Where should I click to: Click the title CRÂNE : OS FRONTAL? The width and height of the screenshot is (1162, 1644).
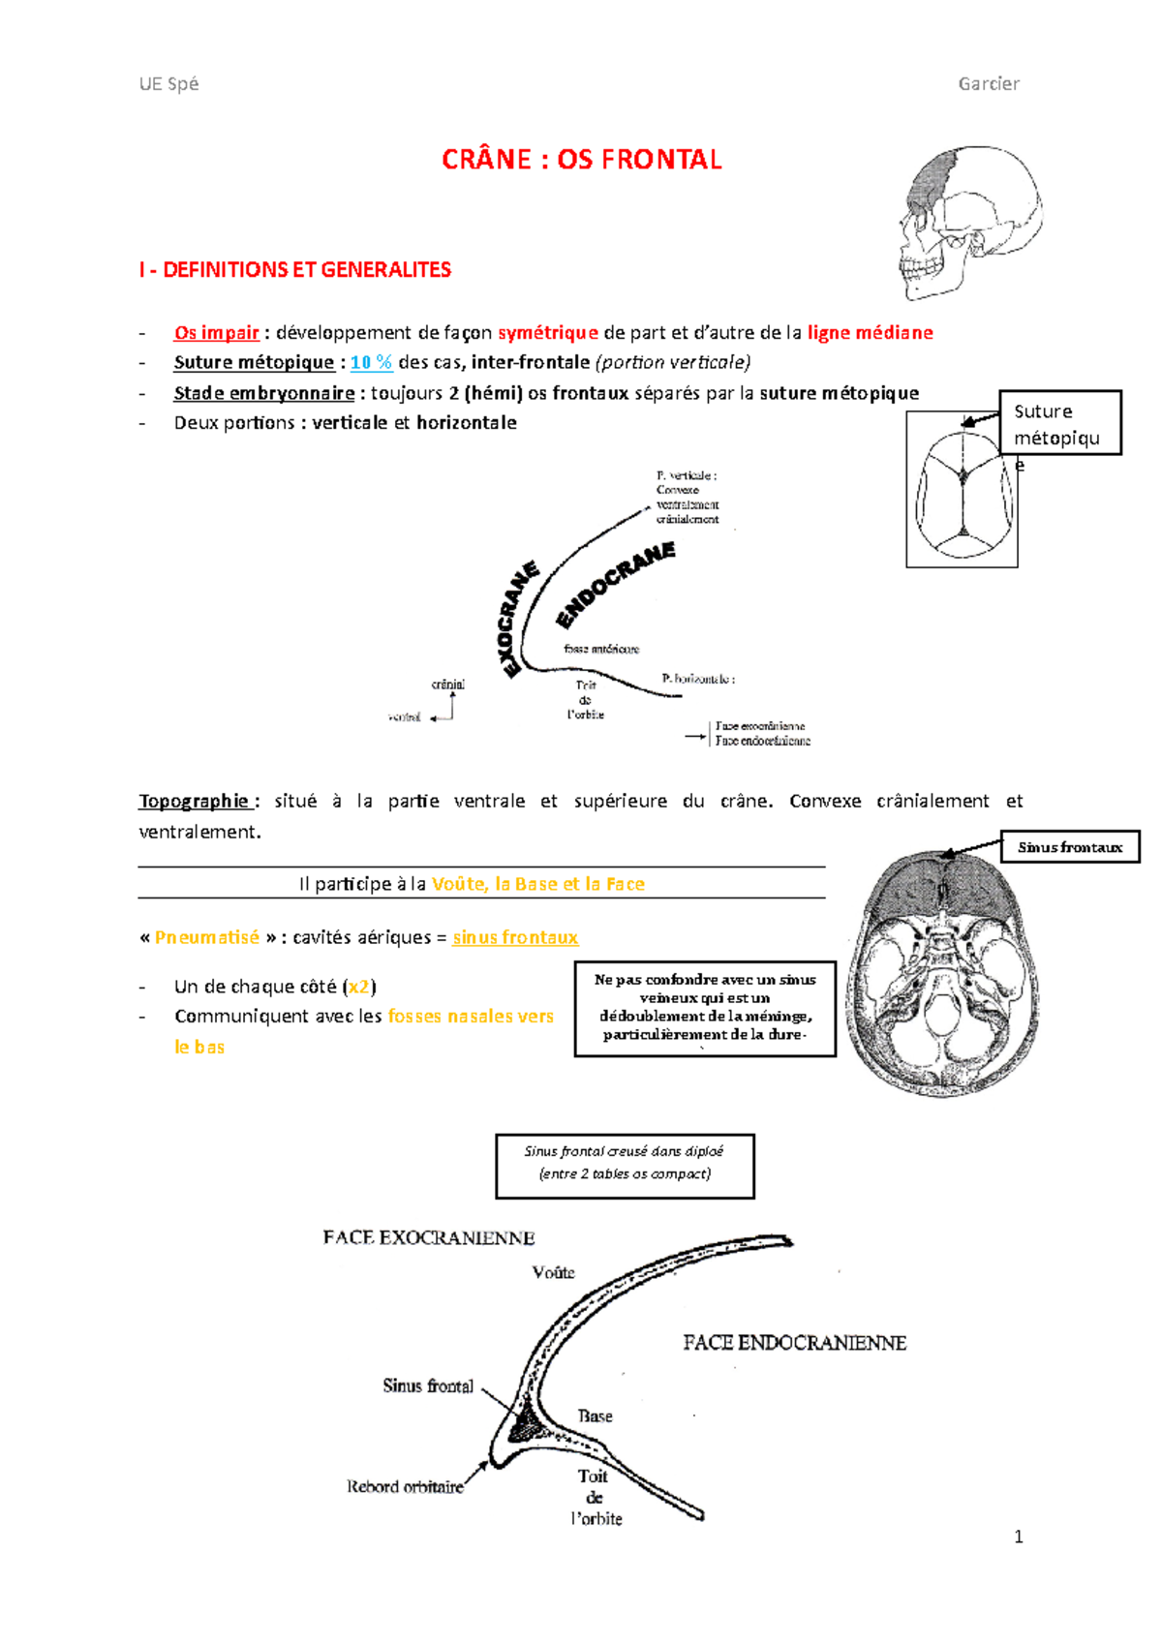581,160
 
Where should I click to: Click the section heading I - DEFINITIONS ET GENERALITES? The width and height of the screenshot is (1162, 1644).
294,270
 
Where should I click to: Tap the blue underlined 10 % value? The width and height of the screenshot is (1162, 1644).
371,362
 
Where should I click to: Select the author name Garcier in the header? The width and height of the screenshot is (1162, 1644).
988,84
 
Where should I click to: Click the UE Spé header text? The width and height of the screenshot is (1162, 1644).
168,84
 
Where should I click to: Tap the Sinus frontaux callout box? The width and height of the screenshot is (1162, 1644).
1069,847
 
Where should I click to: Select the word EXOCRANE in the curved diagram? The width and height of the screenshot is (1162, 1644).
518,620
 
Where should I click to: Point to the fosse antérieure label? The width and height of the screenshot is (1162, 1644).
601,649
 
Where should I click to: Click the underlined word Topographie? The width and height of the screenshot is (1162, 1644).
195,801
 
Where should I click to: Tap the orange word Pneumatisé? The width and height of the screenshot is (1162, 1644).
207,937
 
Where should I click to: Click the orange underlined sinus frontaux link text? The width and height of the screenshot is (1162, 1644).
515,937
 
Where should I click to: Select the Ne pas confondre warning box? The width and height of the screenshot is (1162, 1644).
705,1008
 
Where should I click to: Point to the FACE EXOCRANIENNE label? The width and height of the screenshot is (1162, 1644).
429,1238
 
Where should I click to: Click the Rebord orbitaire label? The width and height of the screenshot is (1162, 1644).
405,1487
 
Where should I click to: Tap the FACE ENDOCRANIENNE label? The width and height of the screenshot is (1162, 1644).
794,1343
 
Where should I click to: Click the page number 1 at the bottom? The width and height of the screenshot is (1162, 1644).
1018,1537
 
